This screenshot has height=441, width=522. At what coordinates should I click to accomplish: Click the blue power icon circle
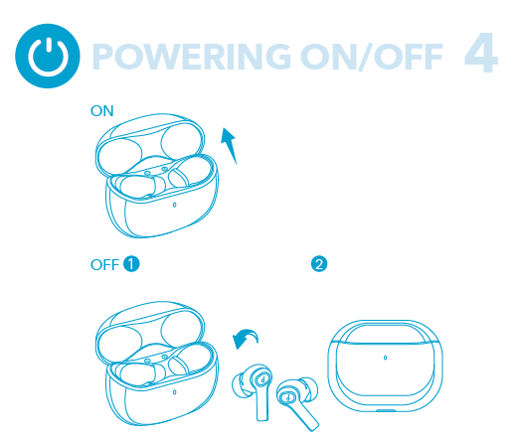pos(48,56)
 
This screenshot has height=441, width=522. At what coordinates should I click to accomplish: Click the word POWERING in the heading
pos(192,57)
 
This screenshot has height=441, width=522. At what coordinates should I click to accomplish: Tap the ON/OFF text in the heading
pos(372,57)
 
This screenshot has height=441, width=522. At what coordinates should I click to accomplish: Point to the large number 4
pos(480,53)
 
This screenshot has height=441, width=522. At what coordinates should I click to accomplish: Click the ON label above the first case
pos(101,111)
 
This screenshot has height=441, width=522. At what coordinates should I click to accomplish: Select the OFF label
pos(104,265)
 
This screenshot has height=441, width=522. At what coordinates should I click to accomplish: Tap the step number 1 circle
pos(131,264)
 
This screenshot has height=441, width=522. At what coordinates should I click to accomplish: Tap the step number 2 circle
pos(319,264)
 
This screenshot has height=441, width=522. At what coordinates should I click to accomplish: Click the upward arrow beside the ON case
pos(230,145)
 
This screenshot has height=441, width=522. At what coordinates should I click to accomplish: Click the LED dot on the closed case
pos(385,358)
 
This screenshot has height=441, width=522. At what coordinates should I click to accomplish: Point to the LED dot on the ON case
pos(174,205)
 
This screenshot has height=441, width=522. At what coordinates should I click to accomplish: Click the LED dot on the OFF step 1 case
pos(174,392)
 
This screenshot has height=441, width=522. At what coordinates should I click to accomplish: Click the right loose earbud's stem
pos(304,414)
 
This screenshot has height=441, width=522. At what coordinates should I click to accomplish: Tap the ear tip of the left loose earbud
pos(239,385)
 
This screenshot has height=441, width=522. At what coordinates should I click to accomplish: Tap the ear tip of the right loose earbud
pos(310,388)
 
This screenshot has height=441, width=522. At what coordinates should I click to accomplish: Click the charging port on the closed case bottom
pos(386,410)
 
